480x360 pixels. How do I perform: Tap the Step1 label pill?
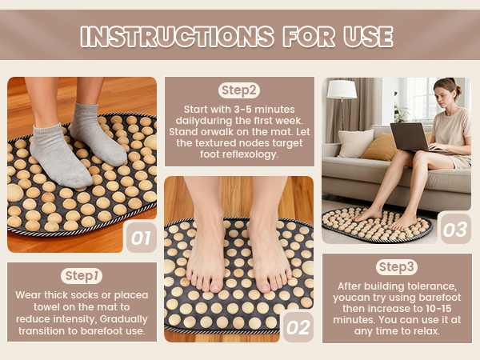click(x=81, y=275)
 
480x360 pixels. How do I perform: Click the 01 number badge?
click(x=141, y=238)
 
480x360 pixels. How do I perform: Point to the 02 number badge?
click(x=297, y=327)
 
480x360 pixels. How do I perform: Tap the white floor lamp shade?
click(x=342, y=89)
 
